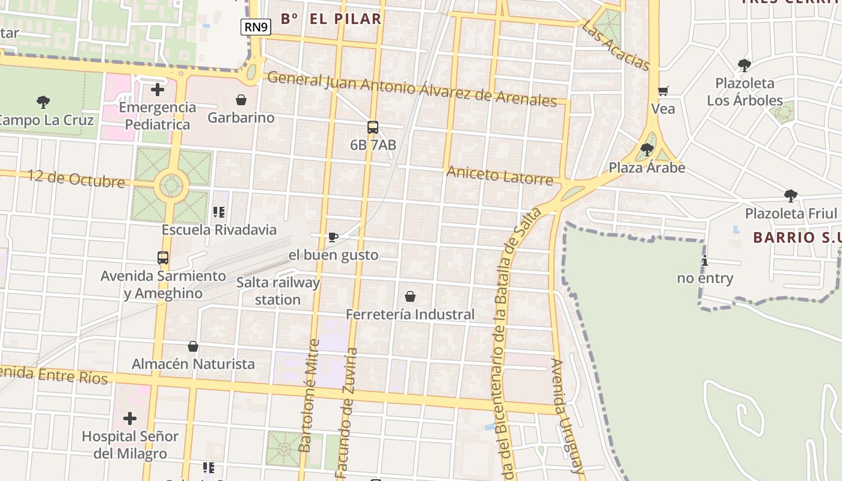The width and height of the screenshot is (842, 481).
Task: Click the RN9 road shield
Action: pyautogui.click(x=256, y=27)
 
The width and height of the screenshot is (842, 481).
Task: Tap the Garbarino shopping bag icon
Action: pyautogui.click(x=241, y=99)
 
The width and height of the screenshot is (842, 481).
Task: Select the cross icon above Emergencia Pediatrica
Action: pyautogui.click(x=158, y=90)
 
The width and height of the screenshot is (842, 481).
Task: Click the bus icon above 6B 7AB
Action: pyautogui.click(x=373, y=127)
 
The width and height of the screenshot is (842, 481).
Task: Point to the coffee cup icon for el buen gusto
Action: pyautogui.click(x=333, y=237)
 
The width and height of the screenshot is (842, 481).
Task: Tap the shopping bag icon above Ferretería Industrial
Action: pyautogui.click(x=410, y=296)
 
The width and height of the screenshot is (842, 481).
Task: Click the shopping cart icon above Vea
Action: pyautogui.click(x=663, y=91)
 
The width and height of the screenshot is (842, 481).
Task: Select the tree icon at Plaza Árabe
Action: pyautogui.click(x=647, y=149)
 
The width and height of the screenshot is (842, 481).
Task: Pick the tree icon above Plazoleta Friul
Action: pyautogui.click(x=791, y=195)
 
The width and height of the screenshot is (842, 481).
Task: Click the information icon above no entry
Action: pyautogui.click(x=705, y=260)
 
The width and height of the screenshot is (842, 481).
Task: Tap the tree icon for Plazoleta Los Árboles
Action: pyautogui.click(x=745, y=65)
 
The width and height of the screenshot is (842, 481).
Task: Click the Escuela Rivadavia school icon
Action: pyautogui.click(x=219, y=212)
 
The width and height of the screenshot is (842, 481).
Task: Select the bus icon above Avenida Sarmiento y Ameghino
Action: pyautogui.click(x=163, y=258)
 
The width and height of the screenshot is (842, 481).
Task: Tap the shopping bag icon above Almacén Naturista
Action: pyautogui.click(x=193, y=346)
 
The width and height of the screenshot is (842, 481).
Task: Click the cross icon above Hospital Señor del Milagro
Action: pyautogui.click(x=130, y=418)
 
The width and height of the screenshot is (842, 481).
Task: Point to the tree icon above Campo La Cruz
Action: pyautogui.click(x=43, y=102)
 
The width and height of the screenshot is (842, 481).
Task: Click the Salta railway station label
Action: pyautogui.click(x=278, y=291)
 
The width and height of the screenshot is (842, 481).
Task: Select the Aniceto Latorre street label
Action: pyautogui.click(x=499, y=176)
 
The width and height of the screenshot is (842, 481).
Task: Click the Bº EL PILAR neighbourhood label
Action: pyautogui.click(x=331, y=19)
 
